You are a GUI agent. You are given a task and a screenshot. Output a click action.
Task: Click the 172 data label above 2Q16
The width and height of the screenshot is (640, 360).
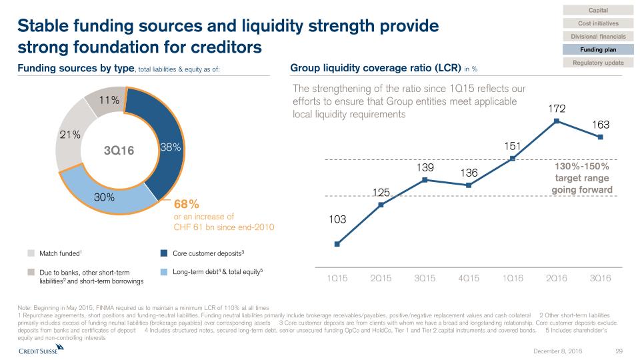pos(557,106)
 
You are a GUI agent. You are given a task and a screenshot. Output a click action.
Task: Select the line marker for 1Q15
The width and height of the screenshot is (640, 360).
pos(337,244)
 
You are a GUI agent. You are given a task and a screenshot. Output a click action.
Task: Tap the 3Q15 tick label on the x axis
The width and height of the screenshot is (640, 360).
pos(425,278)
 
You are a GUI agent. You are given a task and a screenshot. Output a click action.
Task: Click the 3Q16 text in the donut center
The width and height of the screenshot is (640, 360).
pos(119,151)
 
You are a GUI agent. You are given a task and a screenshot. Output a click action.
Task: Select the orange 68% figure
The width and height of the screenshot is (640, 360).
pos(187,203)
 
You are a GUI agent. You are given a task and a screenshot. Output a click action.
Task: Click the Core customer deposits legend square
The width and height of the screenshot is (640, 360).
pos(163,253)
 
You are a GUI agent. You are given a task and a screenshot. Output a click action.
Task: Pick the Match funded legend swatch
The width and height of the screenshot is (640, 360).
pos(31,253)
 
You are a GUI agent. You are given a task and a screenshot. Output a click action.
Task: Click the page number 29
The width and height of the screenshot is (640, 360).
pos(618,351)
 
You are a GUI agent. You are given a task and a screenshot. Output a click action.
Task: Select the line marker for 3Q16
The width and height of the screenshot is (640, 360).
pos(601,137)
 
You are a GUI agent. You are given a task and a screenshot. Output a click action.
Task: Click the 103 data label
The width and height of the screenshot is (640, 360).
pos(337,218)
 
